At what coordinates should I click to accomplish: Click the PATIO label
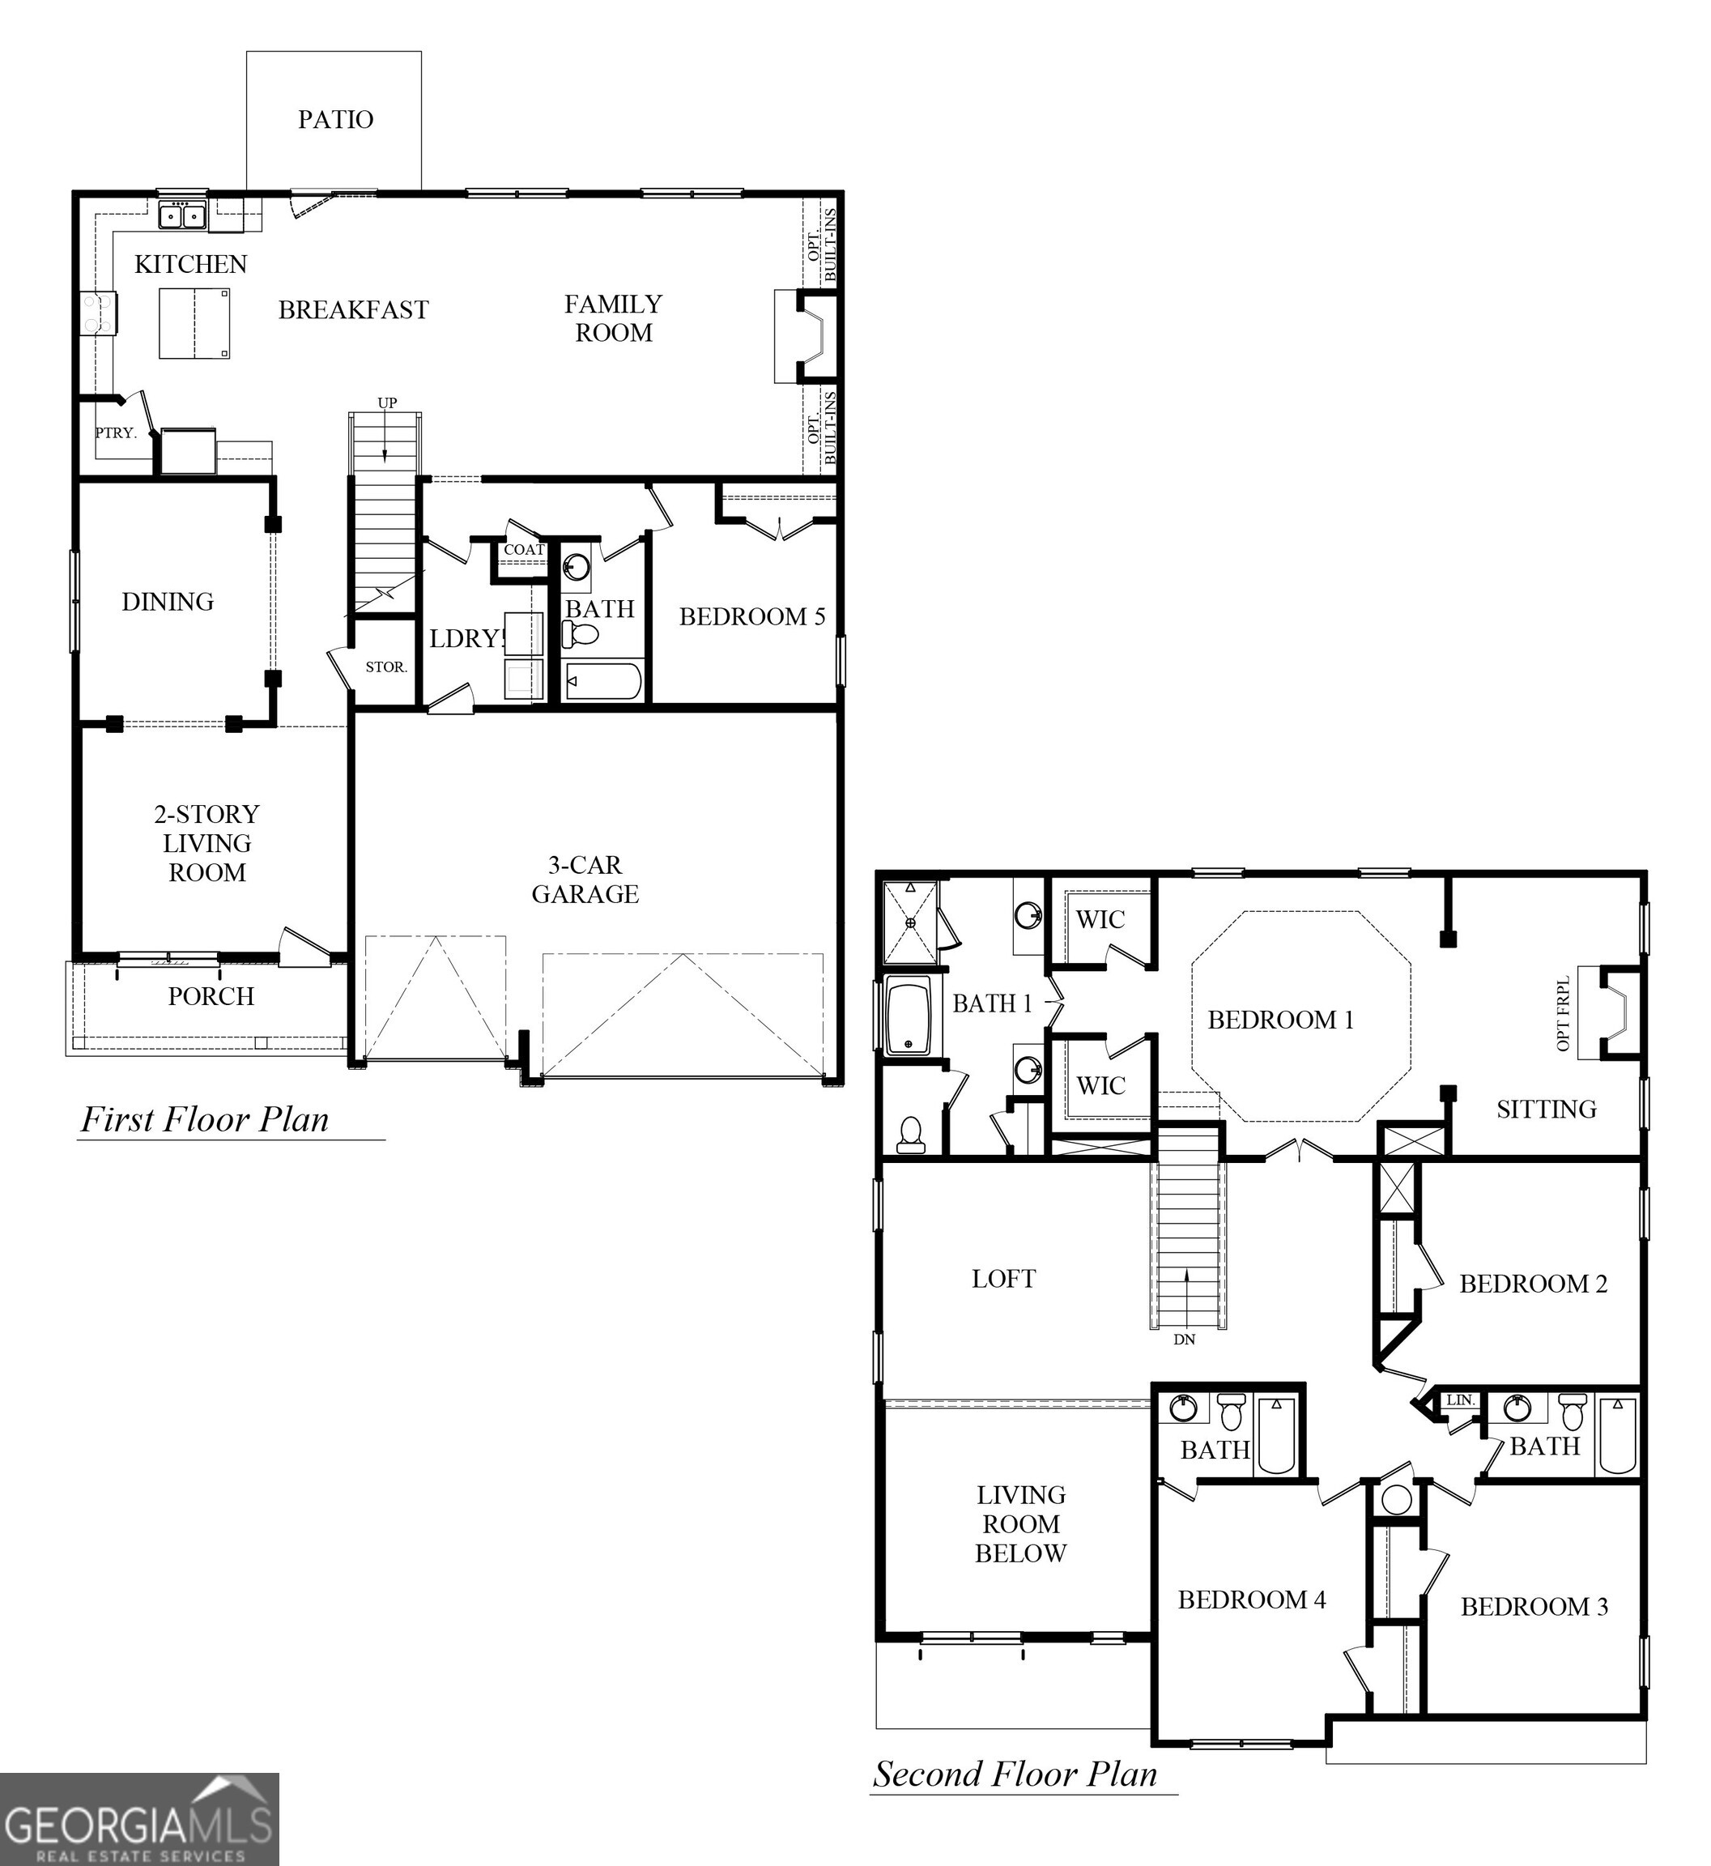pos(335,120)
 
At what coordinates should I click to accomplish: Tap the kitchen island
pos(194,323)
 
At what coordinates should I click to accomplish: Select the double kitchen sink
pos(181,215)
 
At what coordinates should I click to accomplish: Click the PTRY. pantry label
pos(116,432)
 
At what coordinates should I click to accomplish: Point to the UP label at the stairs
pos(386,403)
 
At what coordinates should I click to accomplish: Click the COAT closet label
pos(523,549)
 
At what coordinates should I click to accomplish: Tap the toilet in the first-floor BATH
pos(581,634)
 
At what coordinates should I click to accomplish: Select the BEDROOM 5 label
pos(751,617)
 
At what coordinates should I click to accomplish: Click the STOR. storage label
pos(385,667)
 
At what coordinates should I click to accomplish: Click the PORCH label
pos(211,996)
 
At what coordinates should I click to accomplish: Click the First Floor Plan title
pos(205,1119)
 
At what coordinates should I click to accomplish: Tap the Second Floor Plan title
pos(1015,1774)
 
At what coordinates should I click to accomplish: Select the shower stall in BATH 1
pos(910,922)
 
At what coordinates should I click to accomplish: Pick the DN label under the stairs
pos(1184,1339)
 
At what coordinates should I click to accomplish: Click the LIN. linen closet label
pos(1460,1400)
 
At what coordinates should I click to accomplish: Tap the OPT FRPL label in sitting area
pos(1564,1013)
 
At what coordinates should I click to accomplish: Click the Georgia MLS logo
pos(139,1819)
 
